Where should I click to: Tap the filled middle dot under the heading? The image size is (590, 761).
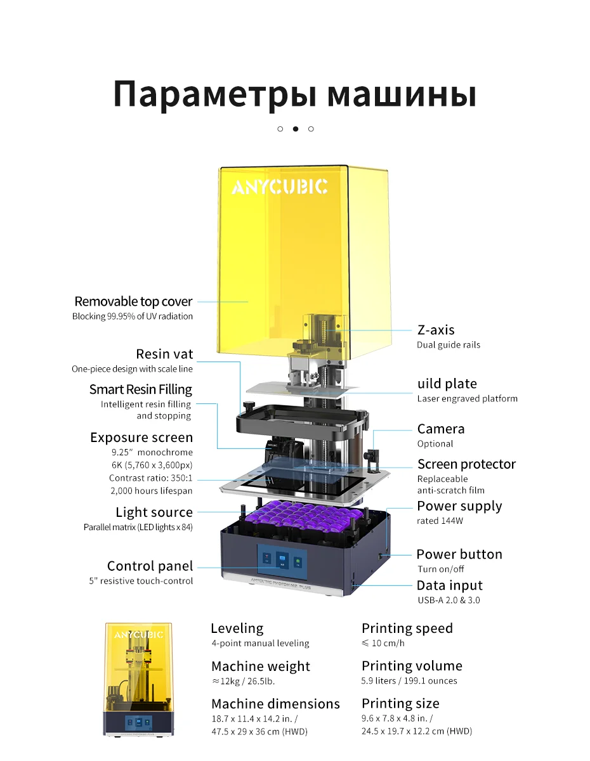click(296, 129)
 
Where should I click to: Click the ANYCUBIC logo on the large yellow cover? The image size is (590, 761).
click(279, 186)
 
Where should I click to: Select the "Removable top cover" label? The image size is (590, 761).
click(133, 301)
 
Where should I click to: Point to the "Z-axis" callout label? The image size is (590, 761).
click(436, 330)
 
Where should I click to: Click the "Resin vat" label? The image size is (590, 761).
click(164, 354)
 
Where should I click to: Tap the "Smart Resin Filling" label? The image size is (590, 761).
click(140, 389)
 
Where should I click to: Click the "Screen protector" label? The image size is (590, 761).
click(466, 464)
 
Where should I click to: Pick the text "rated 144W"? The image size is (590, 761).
click(440, 521)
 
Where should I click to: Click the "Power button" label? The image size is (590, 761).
click(459, 554)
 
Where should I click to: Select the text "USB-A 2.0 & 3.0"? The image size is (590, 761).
click(449, 600)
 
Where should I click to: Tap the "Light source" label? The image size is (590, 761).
click(154, 512)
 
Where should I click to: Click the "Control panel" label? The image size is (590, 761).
click(150, 566)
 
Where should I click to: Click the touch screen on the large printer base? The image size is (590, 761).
click(282, 560)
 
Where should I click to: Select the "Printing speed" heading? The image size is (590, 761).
click(407, 628)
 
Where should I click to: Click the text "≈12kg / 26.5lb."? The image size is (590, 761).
click(243, 681)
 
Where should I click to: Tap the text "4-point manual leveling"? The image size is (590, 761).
click(260, 643)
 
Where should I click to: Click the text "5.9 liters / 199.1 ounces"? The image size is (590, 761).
click(409, 680)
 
